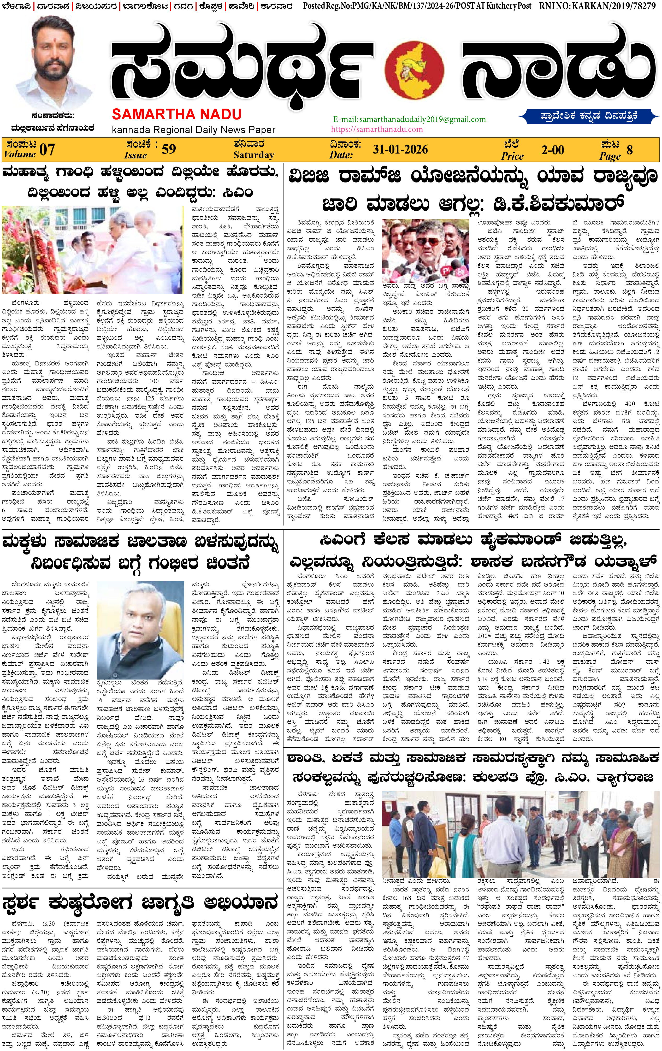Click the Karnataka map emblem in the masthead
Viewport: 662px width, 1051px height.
point(415,70)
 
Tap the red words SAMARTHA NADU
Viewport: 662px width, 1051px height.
point(177,114)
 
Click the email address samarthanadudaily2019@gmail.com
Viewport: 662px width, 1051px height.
point(409,119)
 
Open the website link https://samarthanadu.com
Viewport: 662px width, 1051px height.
point(377,129)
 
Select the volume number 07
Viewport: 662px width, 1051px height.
point(47,150)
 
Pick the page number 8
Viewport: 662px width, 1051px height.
point(629,150)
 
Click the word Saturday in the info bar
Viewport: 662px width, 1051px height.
point(253,155)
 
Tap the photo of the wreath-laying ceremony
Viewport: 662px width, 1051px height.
point(92,250)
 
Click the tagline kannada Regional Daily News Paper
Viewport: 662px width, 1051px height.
point(193,130)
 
